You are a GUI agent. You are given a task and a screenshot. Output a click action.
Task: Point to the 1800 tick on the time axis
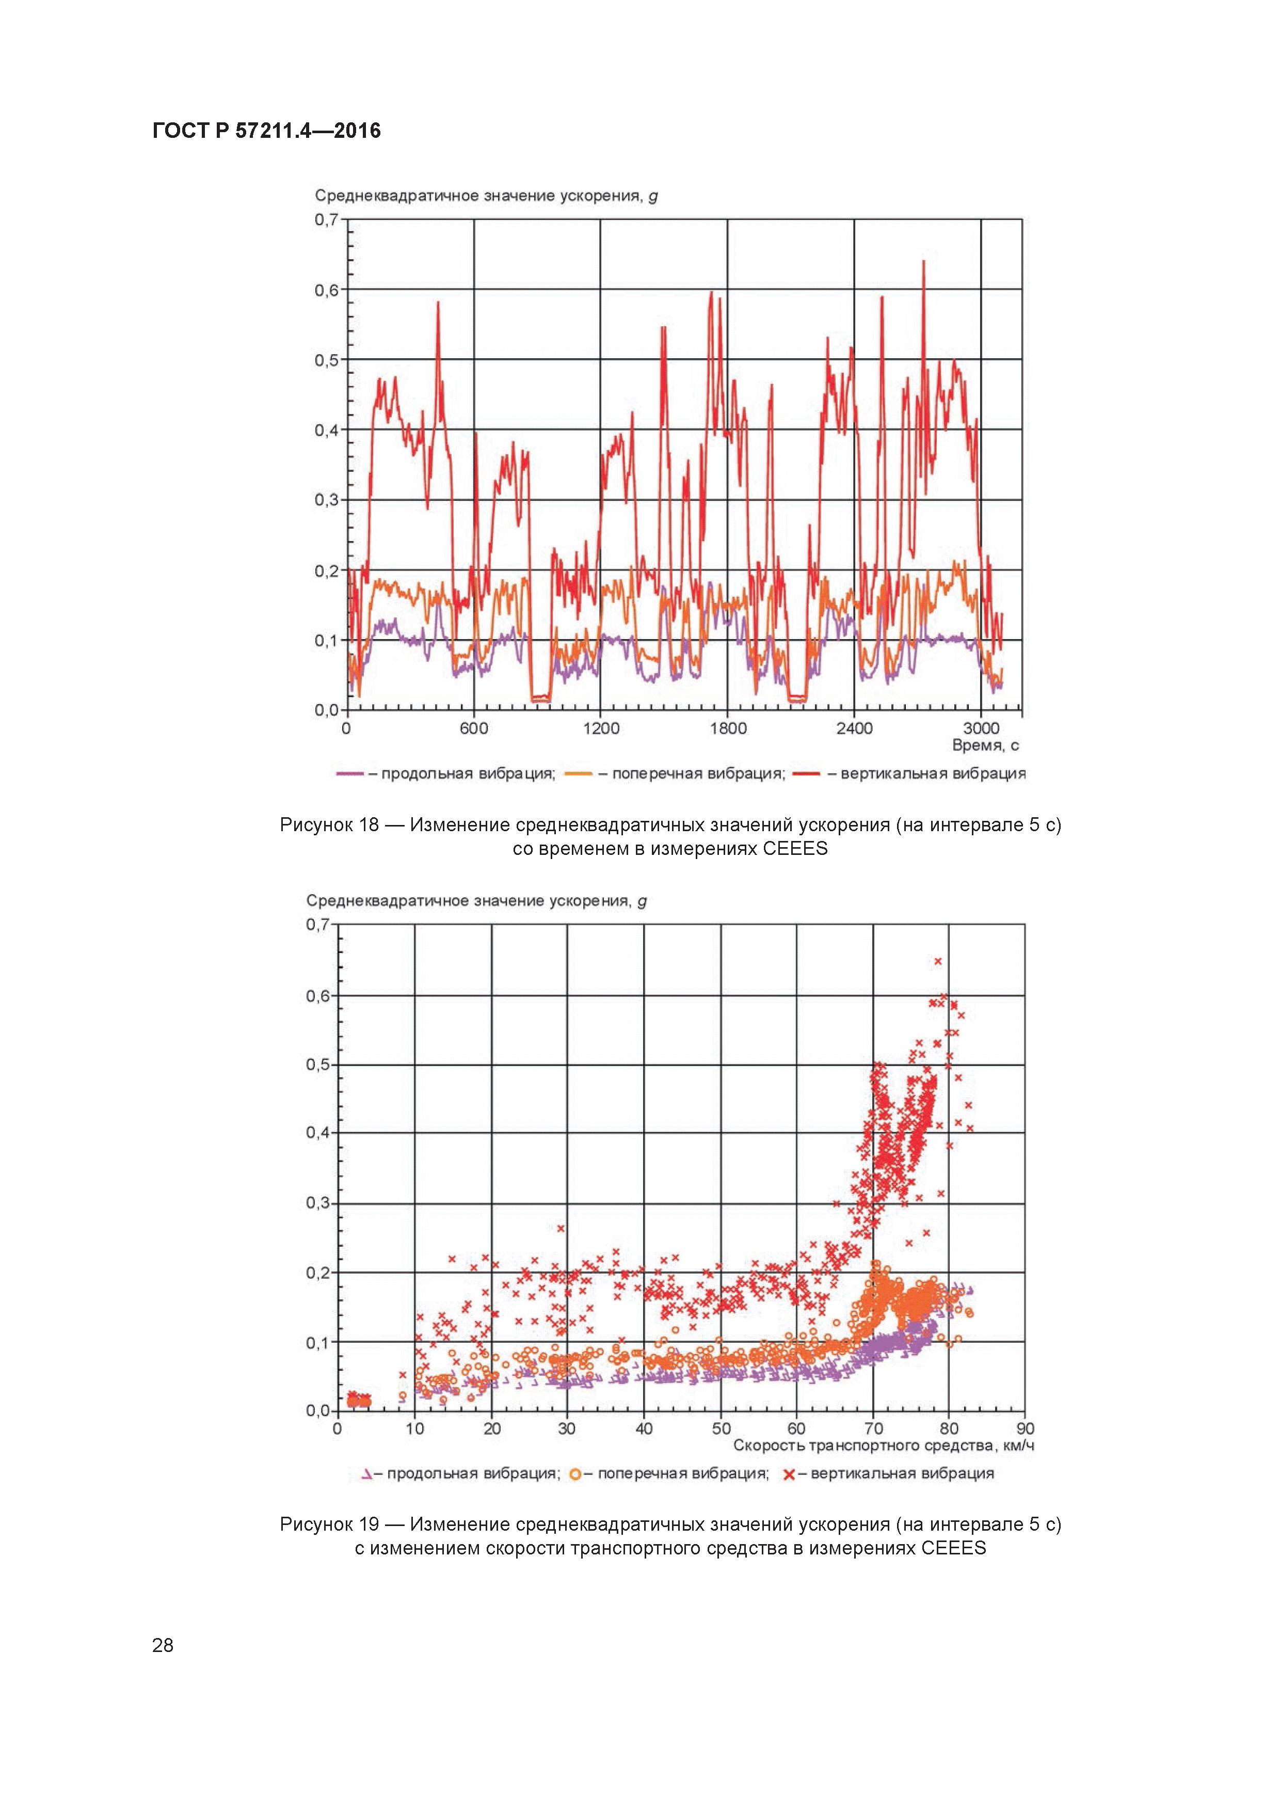point(728,728)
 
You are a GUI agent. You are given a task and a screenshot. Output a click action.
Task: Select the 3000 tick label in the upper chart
point(981,728)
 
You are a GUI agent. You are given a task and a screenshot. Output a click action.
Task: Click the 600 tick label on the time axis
point(474,728)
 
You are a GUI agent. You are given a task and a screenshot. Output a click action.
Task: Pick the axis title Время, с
point(985,745)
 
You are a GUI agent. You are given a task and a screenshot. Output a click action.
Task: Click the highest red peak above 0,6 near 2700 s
point(923,262)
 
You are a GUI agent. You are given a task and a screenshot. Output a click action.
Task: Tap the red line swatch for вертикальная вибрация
point(807,774)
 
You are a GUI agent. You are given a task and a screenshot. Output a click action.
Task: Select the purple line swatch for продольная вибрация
point(349,774)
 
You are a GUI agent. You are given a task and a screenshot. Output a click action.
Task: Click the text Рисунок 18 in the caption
point(329,825)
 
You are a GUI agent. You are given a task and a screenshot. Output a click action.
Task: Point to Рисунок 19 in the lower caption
point(329,1524)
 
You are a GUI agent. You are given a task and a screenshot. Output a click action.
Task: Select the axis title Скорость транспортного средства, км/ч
point(883,1446)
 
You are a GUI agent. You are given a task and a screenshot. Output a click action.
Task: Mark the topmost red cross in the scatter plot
point(938,961)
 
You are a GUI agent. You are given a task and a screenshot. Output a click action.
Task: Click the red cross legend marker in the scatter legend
point(789,1474)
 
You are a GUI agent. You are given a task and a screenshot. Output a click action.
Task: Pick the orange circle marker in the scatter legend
point(575,1474)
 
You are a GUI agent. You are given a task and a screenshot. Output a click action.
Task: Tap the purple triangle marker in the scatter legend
point(367,1474)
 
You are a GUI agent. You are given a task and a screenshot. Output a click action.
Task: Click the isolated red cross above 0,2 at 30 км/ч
point(561,1228)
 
